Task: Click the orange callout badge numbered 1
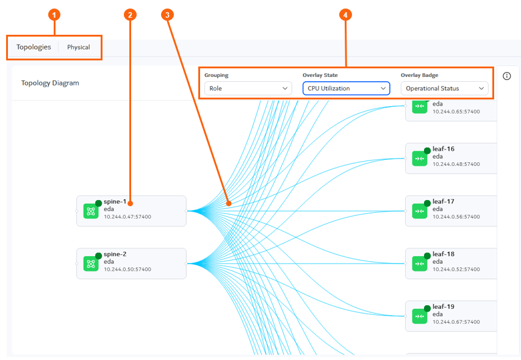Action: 54,15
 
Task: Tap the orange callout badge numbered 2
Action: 130,15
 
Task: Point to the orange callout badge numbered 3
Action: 167,15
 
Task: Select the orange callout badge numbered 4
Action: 345,15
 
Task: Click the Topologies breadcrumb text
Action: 34,47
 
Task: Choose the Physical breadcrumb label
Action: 79,47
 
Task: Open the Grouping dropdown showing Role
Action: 248,88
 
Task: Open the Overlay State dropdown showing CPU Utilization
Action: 347,88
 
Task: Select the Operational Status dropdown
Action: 445,88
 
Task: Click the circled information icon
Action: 507,76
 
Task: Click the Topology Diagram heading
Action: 50,83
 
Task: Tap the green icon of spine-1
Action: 91,211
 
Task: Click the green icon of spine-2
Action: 91,264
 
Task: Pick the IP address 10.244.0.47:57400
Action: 128,217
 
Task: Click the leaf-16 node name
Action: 444,149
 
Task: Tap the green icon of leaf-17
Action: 420,211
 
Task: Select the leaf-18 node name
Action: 444,254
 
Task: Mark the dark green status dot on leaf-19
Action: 427,309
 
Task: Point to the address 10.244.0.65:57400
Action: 456,112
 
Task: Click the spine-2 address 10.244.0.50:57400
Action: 128,269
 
